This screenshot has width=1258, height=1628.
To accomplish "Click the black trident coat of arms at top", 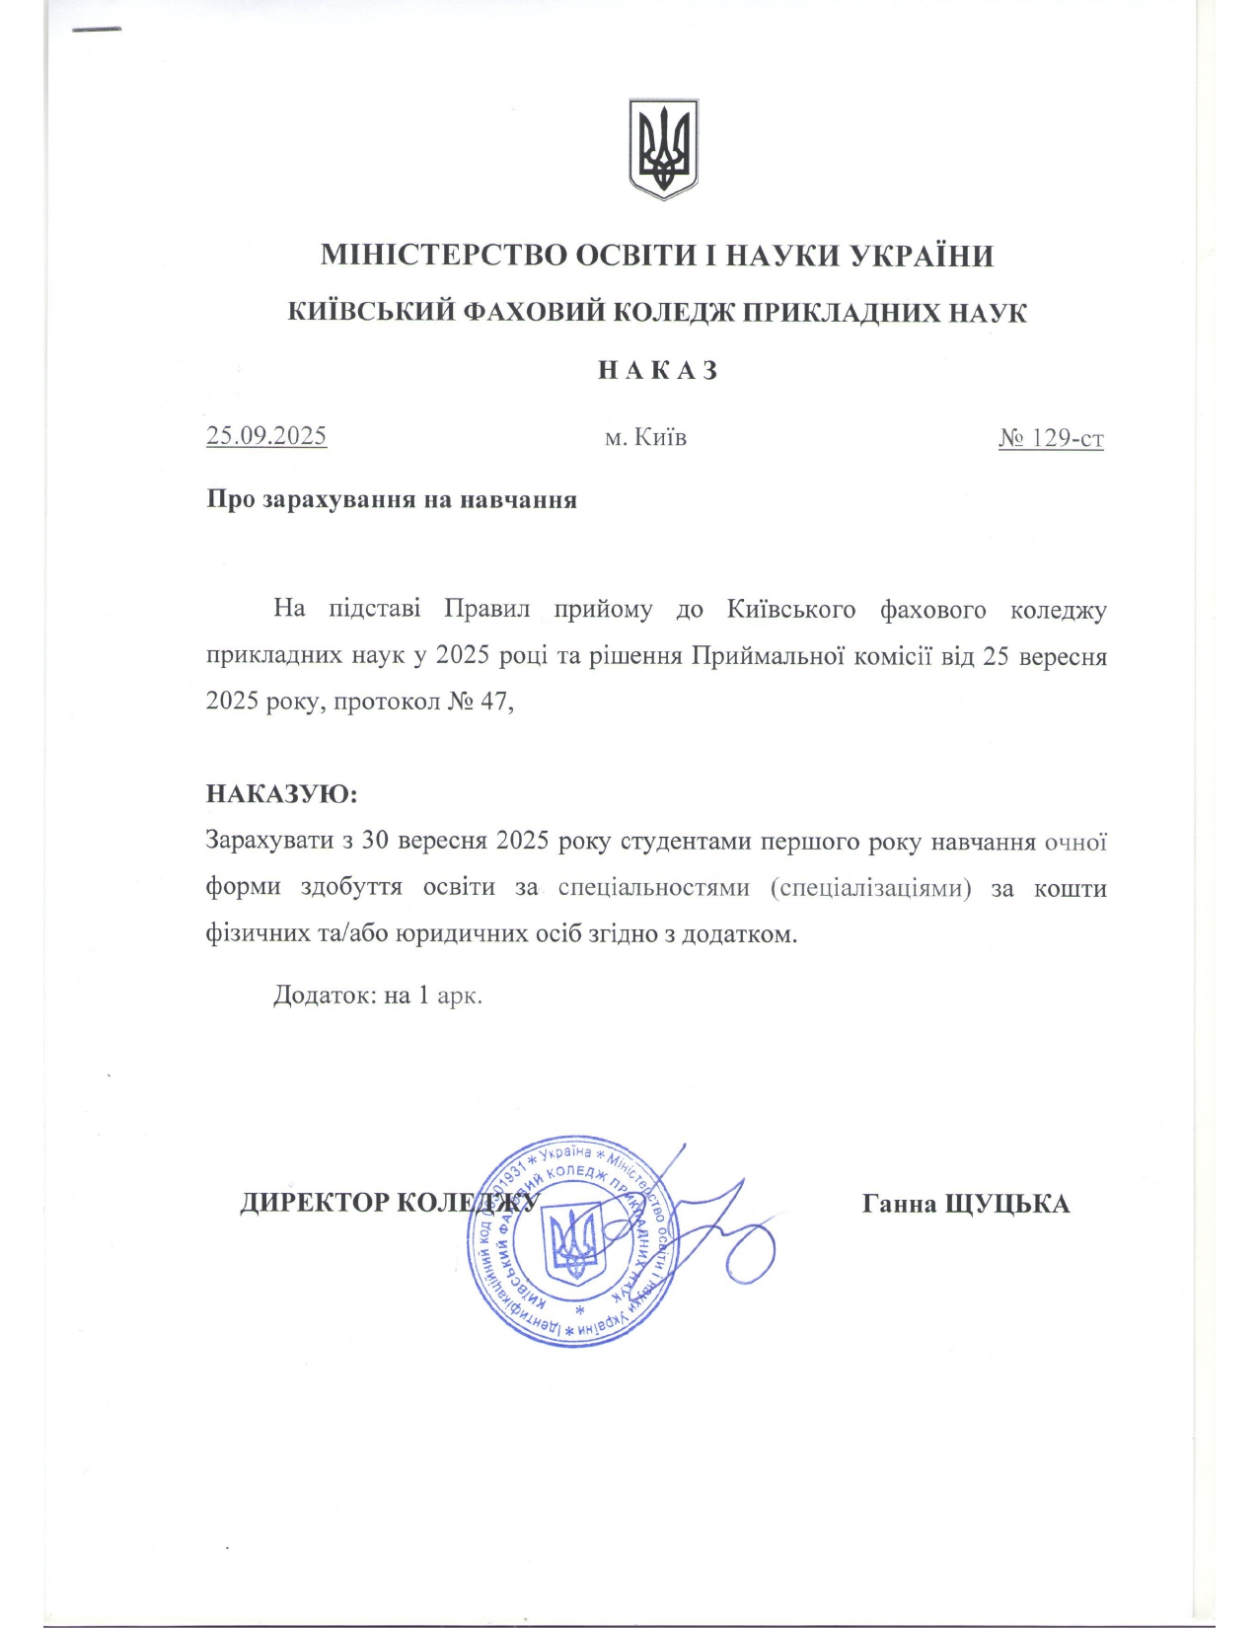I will point(663,148).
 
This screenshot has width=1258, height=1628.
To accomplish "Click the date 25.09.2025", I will point(266,436).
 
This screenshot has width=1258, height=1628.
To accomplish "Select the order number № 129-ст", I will point(1051,438).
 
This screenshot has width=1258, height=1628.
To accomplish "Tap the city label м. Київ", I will point(645,437).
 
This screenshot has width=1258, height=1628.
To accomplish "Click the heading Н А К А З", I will point(657,371).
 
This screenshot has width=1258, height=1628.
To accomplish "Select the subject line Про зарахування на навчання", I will point(392,499).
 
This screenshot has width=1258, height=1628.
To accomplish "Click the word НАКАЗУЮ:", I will point(281,794).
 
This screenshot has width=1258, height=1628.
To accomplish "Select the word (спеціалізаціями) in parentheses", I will point(870,887).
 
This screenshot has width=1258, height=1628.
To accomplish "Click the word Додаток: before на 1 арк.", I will point(325,995).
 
